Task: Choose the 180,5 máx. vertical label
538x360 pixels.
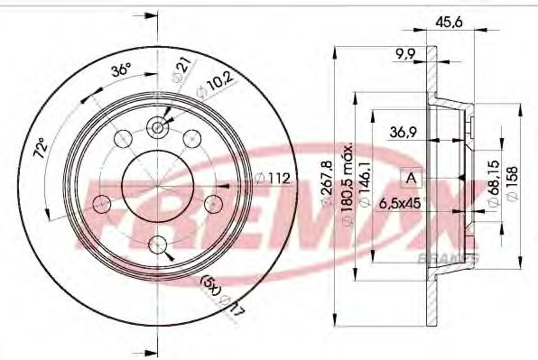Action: pos(348,180)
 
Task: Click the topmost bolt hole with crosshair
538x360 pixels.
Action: pos(159,128)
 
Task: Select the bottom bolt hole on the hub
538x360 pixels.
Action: pos(159,243)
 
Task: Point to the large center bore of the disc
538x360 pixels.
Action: pos(159,186)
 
